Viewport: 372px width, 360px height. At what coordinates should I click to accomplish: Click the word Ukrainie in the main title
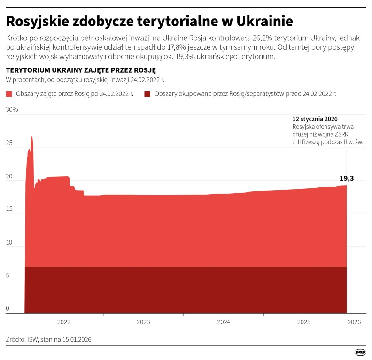[258, 22]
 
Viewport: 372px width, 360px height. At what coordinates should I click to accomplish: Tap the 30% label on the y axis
[12, 110]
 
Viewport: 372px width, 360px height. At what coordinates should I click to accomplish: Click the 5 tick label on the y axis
[8, 276]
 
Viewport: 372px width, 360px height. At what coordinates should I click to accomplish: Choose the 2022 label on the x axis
[63, 322]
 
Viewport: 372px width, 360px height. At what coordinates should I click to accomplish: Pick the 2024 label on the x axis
[224, 322]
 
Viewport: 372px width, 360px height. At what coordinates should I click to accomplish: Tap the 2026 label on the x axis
[354, 322]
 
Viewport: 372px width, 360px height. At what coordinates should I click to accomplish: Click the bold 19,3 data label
[347, 178]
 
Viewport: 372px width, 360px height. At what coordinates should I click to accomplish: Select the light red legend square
[9, 94]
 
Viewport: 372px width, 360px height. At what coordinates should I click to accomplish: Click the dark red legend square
[147, 94]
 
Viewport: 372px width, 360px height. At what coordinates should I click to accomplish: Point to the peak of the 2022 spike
[31, 137]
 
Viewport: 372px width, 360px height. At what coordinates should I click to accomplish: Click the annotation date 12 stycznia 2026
[315, 119]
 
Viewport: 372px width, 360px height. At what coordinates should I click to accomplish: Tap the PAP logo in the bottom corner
[360, 352]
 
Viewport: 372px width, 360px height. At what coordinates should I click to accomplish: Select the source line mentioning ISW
[49, 339]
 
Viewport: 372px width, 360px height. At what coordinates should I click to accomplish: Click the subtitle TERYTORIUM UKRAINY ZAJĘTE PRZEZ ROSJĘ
[80, 70]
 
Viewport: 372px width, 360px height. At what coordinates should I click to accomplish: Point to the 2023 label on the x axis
[143, 322]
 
